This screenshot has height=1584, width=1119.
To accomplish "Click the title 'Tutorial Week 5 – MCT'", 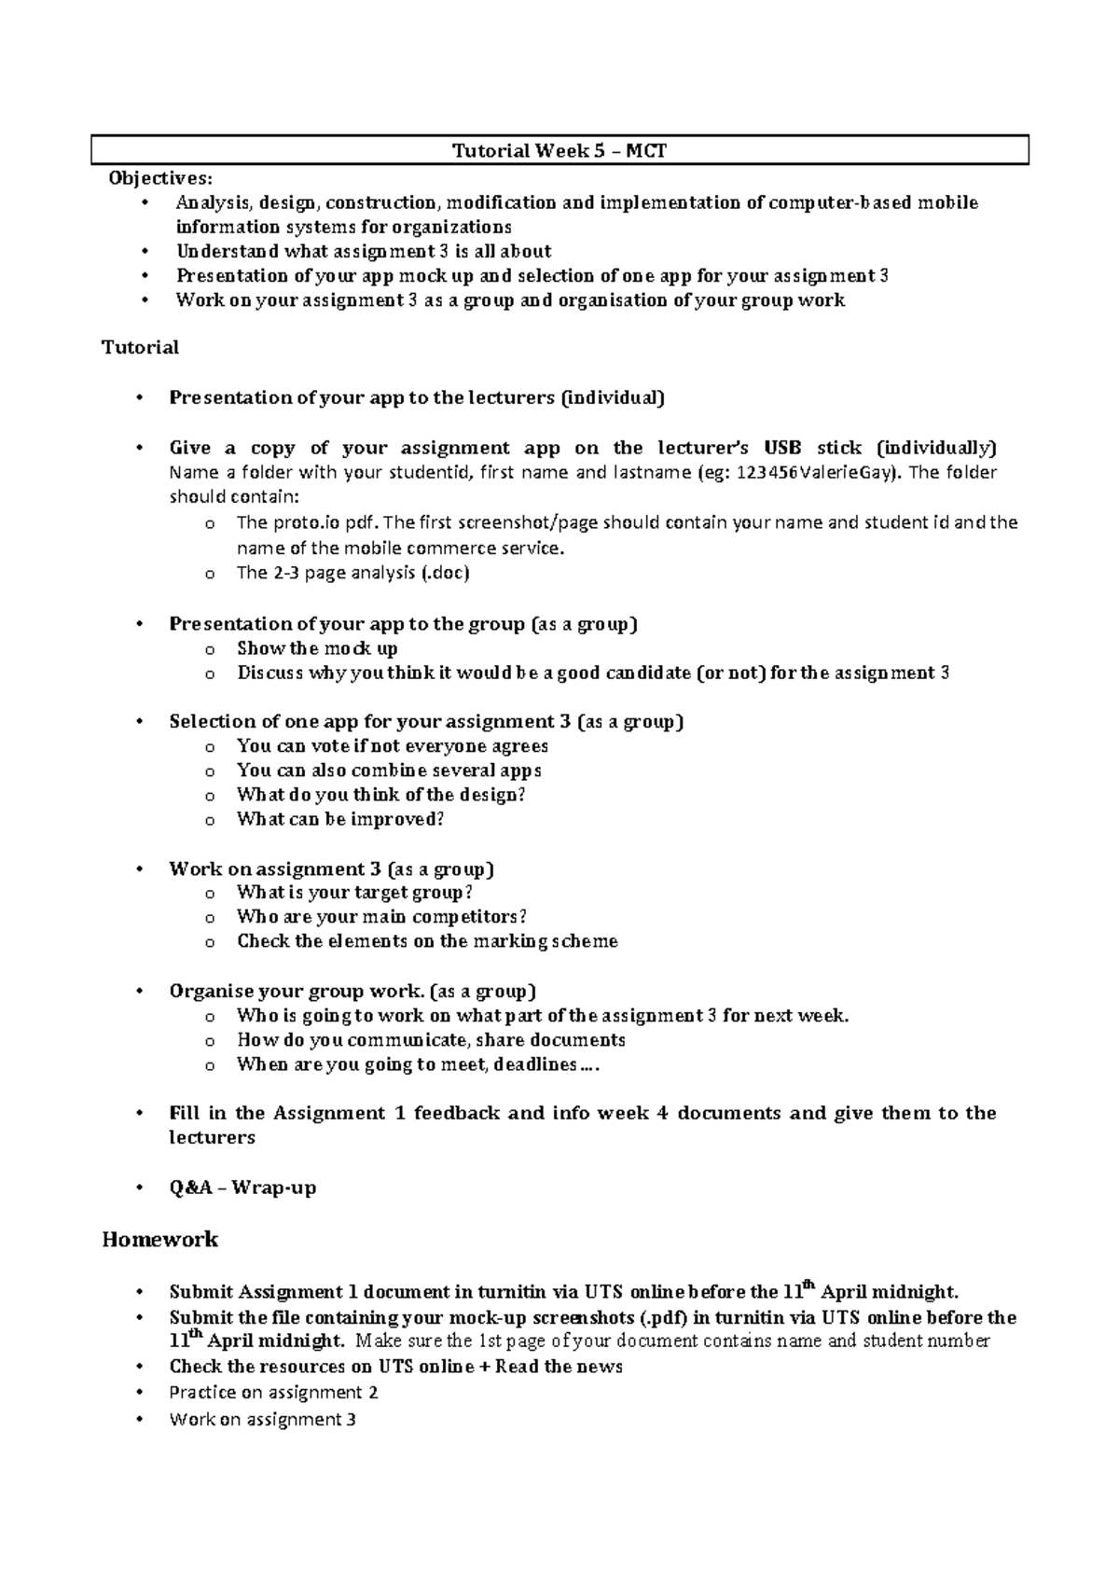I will [559, 151].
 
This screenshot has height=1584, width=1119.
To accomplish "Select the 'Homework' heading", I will [159, 1240].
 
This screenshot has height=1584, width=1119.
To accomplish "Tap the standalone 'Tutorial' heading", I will [140, 348].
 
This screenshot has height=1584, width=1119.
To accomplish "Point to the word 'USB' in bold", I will [781, 448].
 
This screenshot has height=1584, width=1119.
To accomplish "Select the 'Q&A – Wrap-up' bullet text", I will [242, 1188].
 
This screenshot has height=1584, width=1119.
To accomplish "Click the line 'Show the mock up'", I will [317, 648].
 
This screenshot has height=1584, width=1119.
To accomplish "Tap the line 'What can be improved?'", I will [340, 819].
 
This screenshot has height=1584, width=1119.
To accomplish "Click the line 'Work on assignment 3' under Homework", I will [262, 1420].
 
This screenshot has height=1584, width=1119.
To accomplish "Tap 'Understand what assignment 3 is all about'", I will [364, 251].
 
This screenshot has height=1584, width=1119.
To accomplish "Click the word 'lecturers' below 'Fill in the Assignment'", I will [212, 1137].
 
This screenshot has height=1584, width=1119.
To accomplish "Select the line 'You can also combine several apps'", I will [389, 771].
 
